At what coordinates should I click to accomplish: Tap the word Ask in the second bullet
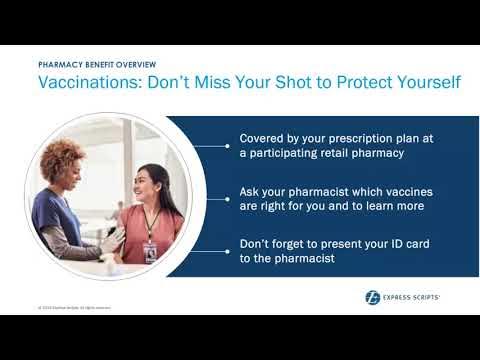click(x=251, y=190)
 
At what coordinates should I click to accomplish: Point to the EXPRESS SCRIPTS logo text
click(x=416, y=296)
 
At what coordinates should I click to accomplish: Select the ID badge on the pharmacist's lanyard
click(x=149, y=249)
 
